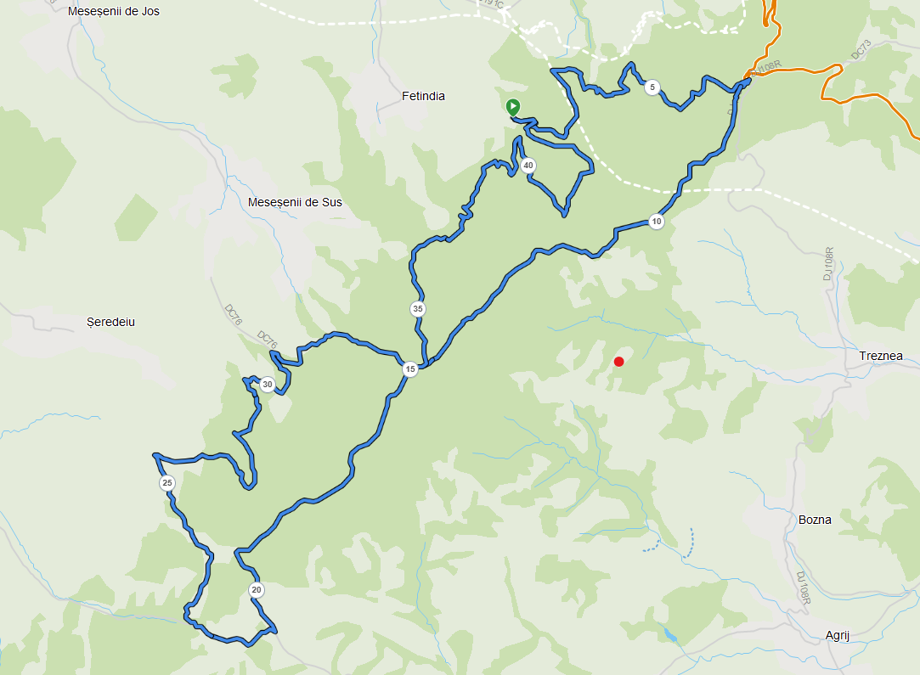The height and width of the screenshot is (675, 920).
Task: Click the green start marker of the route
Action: (513, 107)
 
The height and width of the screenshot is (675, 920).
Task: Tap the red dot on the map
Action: (619, 362)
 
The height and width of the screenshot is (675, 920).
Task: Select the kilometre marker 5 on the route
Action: (652, 87)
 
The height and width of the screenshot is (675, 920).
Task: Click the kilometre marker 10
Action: (656, 222)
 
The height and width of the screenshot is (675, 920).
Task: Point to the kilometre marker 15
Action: (410, 369)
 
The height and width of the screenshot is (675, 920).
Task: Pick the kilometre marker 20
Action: (257, 589)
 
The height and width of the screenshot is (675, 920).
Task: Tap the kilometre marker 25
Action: (167, 483)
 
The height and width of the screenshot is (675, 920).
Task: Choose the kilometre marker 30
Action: (268, 385)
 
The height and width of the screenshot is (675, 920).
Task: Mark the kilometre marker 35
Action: (417, 309)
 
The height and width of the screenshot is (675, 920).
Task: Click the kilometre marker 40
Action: (528, 166)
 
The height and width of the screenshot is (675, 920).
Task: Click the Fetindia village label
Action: (423, 96)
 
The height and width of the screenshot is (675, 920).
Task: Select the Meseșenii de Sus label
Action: (295, 202)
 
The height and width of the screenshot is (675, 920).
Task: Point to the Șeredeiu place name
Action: (111, 322)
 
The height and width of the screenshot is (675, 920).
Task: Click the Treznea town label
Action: (881, 356)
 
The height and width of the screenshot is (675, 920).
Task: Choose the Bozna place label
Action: (815, 520)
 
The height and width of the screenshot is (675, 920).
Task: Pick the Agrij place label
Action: (843, 635)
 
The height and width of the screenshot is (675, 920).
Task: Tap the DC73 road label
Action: (861, 52)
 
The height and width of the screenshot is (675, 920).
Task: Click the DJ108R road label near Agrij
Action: (804, 588)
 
